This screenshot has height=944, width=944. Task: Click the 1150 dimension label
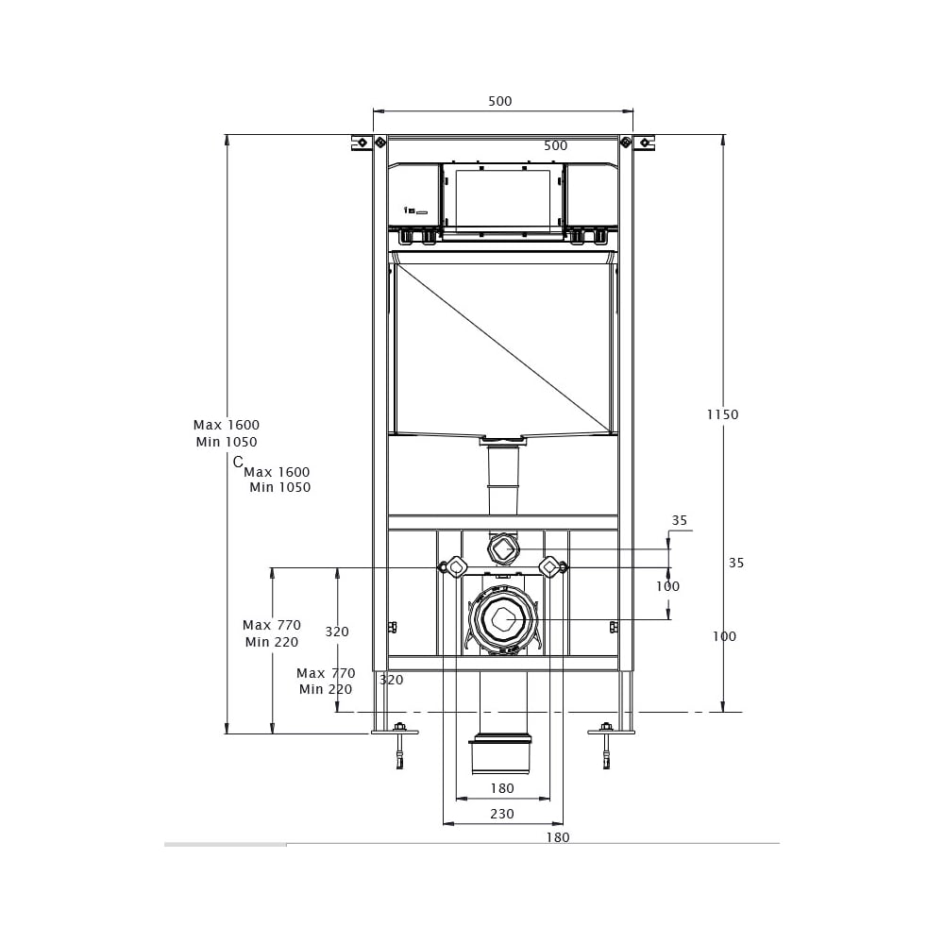722,414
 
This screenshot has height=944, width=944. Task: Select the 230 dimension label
502,814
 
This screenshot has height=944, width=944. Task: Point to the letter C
238,462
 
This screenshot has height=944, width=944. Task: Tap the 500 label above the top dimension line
500,101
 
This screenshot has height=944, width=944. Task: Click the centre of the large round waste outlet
502,618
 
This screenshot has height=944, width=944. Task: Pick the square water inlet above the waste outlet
502,549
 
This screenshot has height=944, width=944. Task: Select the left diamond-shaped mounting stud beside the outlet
457,567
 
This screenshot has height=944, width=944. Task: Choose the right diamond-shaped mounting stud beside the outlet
549,567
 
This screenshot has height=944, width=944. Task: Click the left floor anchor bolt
399,746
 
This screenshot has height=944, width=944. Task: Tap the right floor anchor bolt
607,746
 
